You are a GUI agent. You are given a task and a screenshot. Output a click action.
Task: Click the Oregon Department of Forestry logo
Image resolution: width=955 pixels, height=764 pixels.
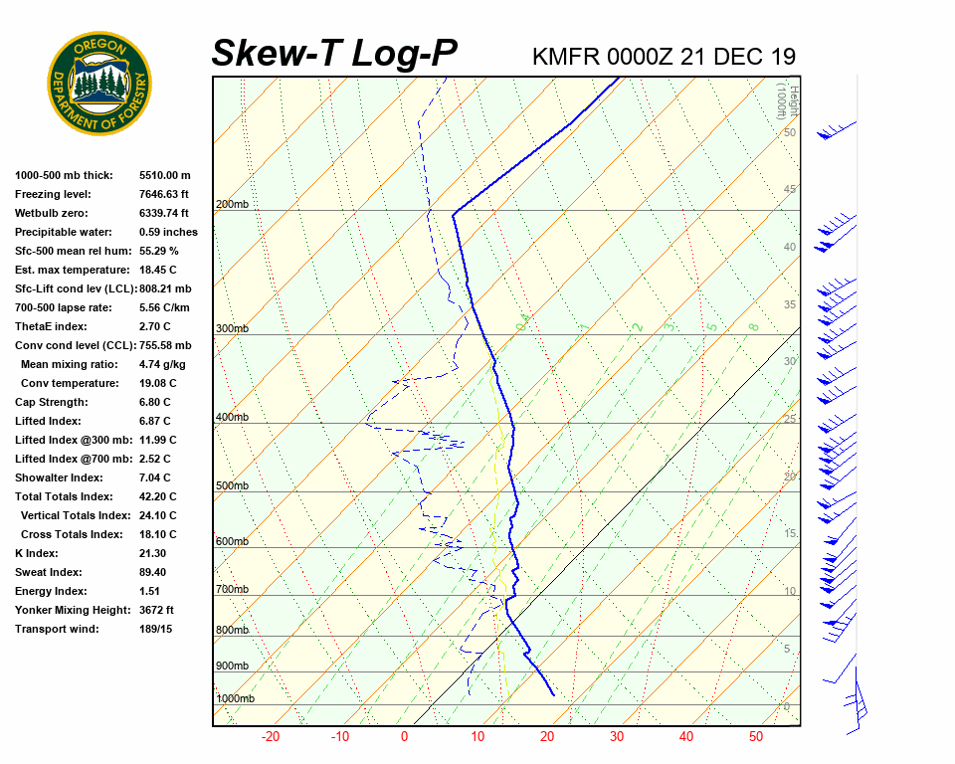pos(99,84)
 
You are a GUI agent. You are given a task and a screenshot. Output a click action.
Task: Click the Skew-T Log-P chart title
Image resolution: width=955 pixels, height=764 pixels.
pos(334,54)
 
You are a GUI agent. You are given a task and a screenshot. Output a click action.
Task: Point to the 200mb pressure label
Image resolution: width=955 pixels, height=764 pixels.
pos(232,205)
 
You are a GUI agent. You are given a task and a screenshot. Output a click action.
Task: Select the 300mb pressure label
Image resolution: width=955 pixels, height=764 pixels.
pos(232,328)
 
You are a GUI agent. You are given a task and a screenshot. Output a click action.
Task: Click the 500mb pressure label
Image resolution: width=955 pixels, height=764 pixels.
pos(232,485)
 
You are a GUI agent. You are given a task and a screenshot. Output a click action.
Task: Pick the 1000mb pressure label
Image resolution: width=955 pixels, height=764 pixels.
pos(236,699)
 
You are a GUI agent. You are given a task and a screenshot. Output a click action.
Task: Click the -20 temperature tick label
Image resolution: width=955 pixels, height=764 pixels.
pos(270,737)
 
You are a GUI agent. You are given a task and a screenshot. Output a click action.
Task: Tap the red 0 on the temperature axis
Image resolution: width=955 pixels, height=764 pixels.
pos(405,737)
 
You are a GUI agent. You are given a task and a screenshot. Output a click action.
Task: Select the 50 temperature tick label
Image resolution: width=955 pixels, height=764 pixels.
pos(756,737)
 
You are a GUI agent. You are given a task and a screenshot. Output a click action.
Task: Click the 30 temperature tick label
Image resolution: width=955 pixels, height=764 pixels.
pos(616,737)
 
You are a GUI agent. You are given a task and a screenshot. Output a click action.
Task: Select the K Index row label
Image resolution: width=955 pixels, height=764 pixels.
pos(36,553)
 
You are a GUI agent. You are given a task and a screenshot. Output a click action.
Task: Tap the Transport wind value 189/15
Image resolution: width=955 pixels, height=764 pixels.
pos(156,629)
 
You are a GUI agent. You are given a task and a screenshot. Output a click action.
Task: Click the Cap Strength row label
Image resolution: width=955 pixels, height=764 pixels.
pos(51,402)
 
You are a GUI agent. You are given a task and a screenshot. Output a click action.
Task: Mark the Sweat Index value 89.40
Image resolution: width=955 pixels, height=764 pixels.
pos(152,572)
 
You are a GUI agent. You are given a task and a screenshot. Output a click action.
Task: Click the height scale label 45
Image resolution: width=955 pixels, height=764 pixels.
pos(790,190)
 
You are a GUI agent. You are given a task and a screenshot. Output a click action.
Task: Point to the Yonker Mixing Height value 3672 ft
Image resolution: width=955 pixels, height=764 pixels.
pos(157,610)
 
